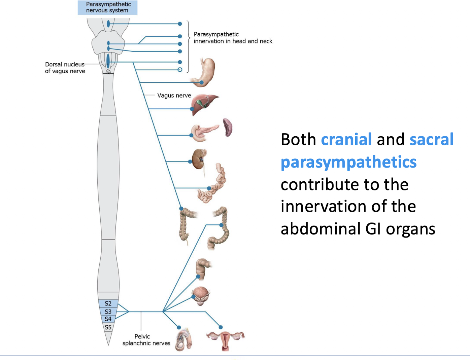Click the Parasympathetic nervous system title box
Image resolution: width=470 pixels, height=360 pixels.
pyautogui.click(x=107, y=7)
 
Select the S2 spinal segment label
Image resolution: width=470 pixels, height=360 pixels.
pyautogui.click(x=108, y=303)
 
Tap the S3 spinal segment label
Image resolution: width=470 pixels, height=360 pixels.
pyautogui.click(x=108, y=312)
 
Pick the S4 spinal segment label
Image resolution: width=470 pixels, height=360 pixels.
pyautogui.click(x=108, y=319)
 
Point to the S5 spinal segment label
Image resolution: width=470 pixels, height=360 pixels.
pyautogui.click(x=108, y=327)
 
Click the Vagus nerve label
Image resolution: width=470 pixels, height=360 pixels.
pyautogui.click(x=174, y=95)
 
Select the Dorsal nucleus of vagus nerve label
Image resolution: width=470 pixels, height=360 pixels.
pyautogui.click(x=65, y=68)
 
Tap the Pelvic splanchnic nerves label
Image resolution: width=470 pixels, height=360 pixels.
pyautogui.click(x=146, y=340)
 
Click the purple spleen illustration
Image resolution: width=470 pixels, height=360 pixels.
pyautogui.click(x=228, y=127)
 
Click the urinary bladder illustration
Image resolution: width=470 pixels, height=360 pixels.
pyautogui.click(x=201, y=296)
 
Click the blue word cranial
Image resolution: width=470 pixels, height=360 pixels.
pyautogui.click(x=346, y=139)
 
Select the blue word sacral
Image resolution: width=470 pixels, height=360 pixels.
pyautogui.click(x=432, y=139)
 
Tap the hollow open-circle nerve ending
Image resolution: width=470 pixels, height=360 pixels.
pyautogui.click(x=180, y=70)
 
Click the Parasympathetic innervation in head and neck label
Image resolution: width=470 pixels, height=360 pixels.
pyautogui.click(x=233, y=38)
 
